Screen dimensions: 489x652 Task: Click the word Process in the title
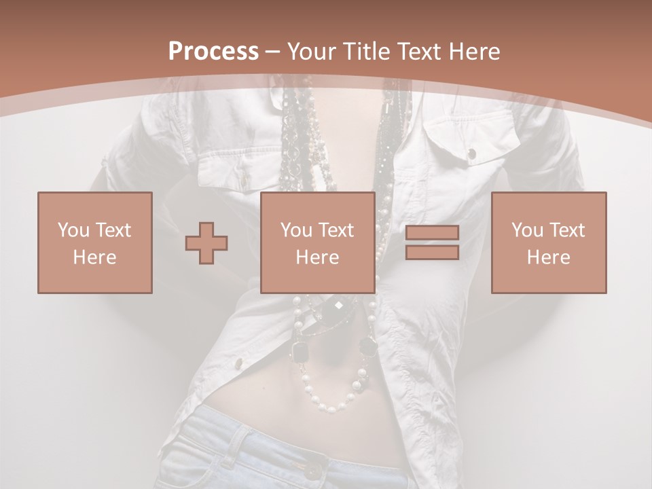pyautogui.click(x=213, y=51)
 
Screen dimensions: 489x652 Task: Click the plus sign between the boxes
pyautogui.click(x=206, y=243)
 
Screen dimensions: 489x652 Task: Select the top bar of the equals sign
pyautogui.click(x=432, y=232)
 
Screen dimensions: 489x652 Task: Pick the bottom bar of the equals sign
pyautogui.click(x=432, y=253)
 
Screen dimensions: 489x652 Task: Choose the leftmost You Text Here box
pyautogui.click(x=94, y=242)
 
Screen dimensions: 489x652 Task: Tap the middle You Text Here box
pyautogui.click(x=317, y=242)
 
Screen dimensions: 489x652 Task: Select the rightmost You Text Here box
pyautogui.click(x=548, y=242)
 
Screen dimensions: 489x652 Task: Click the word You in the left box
pyautogui.click(x=72, y=230)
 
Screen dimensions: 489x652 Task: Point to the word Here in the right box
pyautogui.click(x=548, y=257)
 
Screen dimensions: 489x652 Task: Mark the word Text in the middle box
pyautogui.click(x=336, y=230)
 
